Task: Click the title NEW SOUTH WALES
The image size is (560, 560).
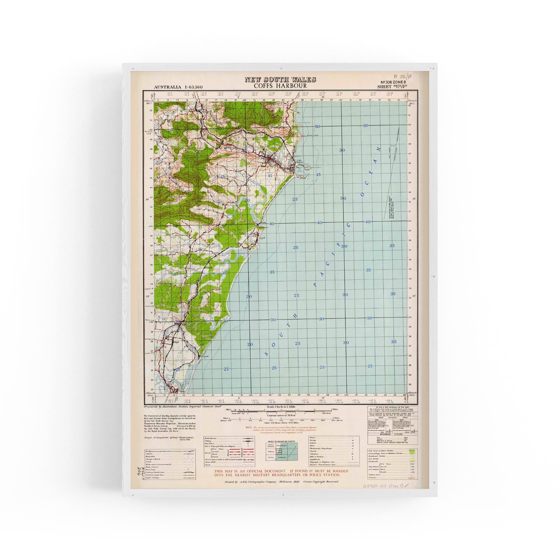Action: (x=280, y=80)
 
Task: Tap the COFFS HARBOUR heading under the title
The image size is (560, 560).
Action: (x=280, y=86)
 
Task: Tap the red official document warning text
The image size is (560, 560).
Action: (x=281, y=473)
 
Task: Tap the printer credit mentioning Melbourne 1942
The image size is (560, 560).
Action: (x=281, y=481)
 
